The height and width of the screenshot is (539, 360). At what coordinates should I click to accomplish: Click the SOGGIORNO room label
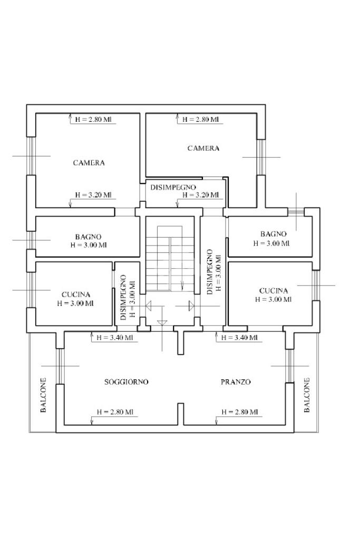point(126,382)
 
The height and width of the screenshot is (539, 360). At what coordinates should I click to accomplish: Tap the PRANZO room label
point(236,382)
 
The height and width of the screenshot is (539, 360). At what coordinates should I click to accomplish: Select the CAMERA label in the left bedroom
point(89,163)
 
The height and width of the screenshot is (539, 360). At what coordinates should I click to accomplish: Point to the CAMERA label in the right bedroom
point(203,149)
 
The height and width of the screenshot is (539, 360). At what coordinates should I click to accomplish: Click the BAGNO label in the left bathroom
point(88,237)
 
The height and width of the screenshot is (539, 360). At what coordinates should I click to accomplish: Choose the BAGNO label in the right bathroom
point(273,234)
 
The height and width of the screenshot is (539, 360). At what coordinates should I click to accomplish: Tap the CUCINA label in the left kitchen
point(76,295)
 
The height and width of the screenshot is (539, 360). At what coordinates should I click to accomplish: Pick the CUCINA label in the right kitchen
point(274,291)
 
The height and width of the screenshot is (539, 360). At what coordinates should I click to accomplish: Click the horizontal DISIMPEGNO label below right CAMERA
point(173,188)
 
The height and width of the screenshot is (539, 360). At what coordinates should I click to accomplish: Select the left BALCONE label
point(44,395)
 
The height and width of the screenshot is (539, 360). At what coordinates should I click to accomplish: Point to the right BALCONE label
point(307,395)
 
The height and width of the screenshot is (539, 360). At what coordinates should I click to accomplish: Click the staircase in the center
point(164,258)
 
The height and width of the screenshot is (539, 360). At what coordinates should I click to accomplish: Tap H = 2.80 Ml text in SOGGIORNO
point(114,412)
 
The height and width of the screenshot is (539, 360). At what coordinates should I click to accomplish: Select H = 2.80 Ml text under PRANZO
point(239,412)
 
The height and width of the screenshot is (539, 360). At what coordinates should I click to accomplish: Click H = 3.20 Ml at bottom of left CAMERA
point(93,195)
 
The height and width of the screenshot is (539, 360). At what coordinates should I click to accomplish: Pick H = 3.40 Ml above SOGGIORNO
point(115,338)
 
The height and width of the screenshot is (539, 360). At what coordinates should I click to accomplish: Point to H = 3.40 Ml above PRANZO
point(239,338)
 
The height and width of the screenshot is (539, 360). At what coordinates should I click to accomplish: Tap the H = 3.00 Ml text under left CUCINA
point(76,303)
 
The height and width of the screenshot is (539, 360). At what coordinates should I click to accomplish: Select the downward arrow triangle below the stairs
point(162,322)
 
